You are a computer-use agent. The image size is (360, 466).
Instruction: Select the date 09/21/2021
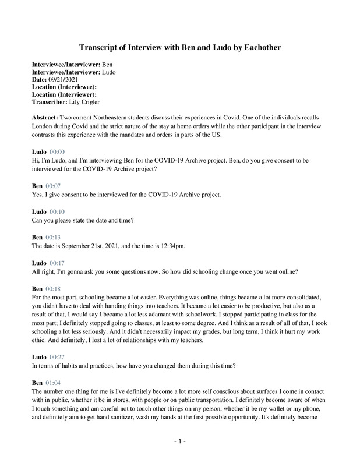coord(67,78)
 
